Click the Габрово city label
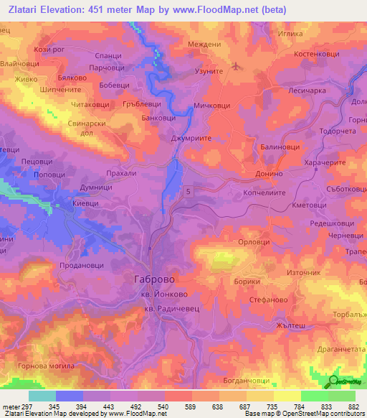153,278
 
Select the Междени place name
204,45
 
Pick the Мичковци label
212,105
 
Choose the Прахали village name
120,174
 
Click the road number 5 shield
188,190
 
